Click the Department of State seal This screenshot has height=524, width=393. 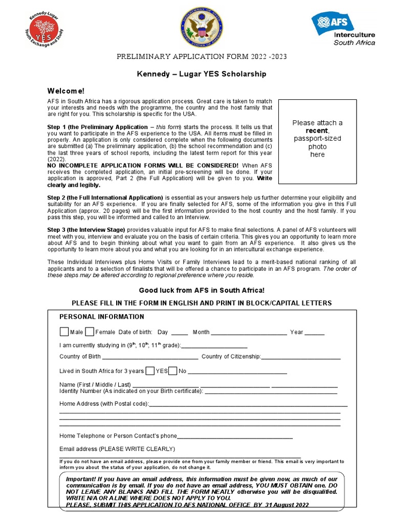(199, 29)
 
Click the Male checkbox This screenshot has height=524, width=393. (64, 332)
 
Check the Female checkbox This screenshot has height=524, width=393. (90, 332)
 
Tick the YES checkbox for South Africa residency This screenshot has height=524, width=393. (150, 370)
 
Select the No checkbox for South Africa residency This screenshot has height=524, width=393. (173, 370)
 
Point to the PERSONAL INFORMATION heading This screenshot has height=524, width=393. (102, 317)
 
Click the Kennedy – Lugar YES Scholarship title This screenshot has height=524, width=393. (202, 74)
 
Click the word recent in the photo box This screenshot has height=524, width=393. (317, 130)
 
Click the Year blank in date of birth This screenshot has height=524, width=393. (315, 333)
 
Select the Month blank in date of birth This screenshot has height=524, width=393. (249, 333)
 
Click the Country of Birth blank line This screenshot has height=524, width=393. (150, 358)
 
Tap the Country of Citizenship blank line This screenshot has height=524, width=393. (301, 358)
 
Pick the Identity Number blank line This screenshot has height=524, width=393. (271, 392)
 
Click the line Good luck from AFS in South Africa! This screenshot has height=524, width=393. (202, 290)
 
